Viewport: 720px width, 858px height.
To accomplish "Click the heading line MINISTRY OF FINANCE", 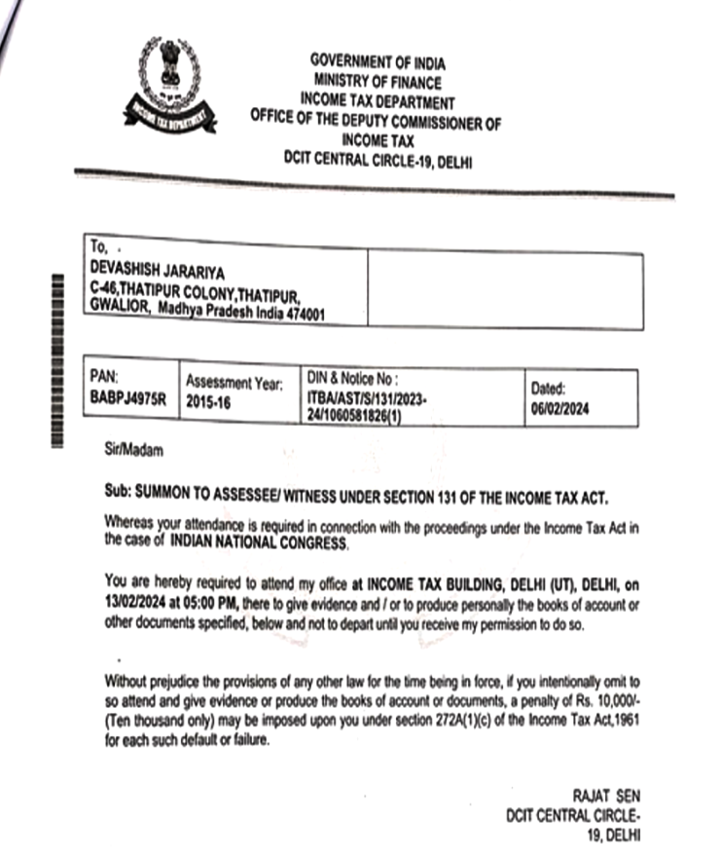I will [377, 83].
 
